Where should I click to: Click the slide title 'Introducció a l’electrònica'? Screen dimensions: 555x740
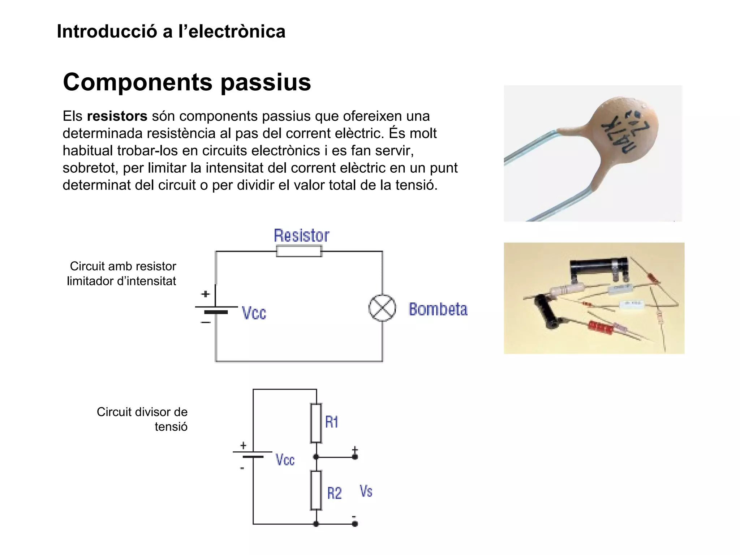pyautogui.click(x=171, y=31)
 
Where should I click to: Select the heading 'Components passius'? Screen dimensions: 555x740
pyautogui.click(x=187, y=82)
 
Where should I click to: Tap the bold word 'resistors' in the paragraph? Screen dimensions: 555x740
pyautogui.click(x=117, y=116)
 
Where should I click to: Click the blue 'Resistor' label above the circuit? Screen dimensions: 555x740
pyautogui.click(x=301, y=236)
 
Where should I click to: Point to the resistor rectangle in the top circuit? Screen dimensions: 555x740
pyautogui.click(x=299, y=251)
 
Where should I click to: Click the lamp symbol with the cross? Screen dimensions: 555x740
pyautogui.click(x=382, y=308)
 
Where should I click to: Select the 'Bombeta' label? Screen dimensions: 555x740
pyautogui.click(x=438, y=309)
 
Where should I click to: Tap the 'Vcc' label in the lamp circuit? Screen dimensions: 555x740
pyautogui.click(x=254, y=313)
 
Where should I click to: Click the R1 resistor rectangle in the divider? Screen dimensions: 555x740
pyautogui.click(x=316, y=423)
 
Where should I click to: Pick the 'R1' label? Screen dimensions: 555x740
pyautogui.click(x=332, y=422)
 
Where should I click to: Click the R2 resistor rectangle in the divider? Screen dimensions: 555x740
pyautogui.click(x=316, y=490)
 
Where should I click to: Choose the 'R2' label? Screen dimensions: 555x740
pyautogui.click(x=334, y=493)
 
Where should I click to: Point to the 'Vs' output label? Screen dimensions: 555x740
pyautogui.click(x=366, y=491)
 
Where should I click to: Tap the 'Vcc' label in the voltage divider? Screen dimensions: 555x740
pyautogui.click(x=285, y=460)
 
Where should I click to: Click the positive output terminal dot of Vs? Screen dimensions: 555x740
pyautogui.click(x=355, y=457)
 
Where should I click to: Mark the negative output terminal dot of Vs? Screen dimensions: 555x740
pyautogui.click(x=355, y=524)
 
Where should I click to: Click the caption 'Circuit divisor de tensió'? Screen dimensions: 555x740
pyautogui.click(x=142, y=419)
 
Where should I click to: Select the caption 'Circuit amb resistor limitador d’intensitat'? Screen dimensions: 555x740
pyautogui.click(x=122, y=274)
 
